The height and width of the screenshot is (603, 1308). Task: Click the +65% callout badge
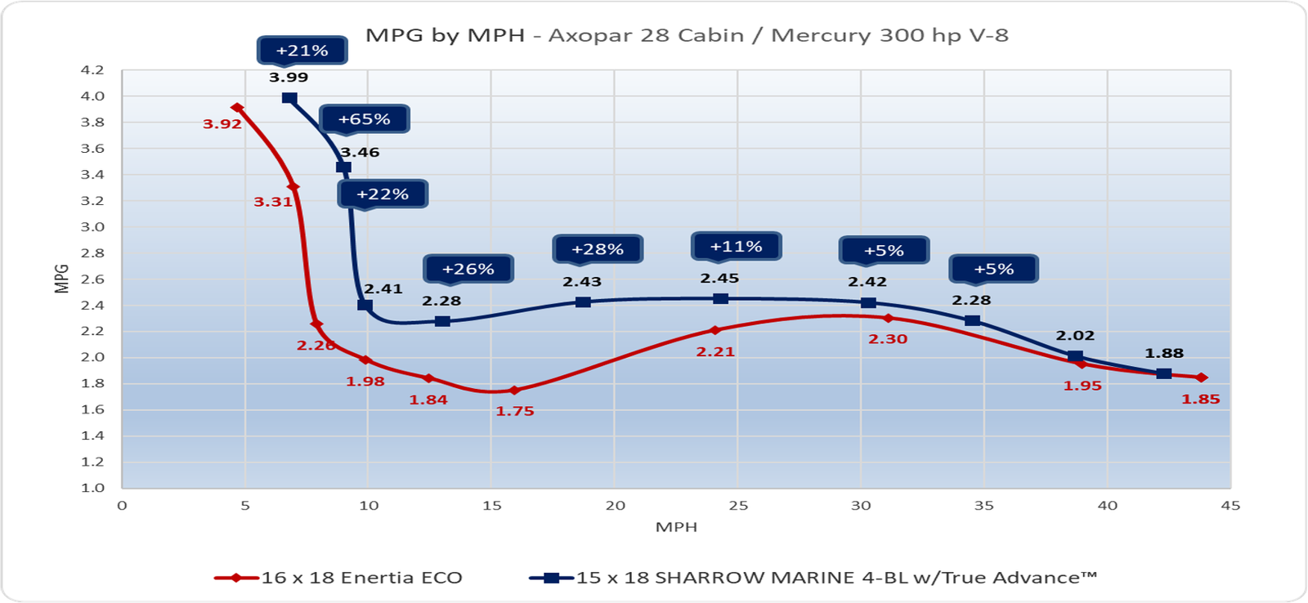pyautogui.click(x=364, y=119)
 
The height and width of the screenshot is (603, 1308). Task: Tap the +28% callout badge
pyautogui.click(x=598, y=249)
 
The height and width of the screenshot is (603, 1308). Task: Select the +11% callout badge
pyautogui.click(x=736, y=246)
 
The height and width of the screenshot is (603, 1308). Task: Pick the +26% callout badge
pyautogui.click(x=468, y=269)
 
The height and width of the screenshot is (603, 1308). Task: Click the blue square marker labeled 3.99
pyautogui.click(x=289, y=98)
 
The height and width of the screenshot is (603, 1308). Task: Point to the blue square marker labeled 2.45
pyautogui.click(x=720, y=299)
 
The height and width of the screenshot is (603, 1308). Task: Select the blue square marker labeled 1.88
pyautogui.click(x=1164, y=373)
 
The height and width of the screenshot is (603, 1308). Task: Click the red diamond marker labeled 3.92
pyautogui.click(x=237, y=108)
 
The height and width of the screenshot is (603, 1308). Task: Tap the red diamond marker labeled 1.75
pyautogui.click(x=514, y=391)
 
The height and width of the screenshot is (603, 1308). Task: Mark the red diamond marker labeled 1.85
pyautogui.click(x=1201, y=377)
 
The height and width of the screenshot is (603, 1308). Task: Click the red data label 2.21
pyautogui.click(x=715, y=352)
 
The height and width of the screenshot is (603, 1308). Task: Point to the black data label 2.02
pyautogui.click(x=1075, y=336)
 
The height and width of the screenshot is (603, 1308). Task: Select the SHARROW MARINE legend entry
pyautogui.click(x=813, y=578)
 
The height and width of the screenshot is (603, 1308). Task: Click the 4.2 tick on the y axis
pyautogui.click(x=93, y=70)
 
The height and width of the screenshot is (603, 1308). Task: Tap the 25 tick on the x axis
pyautogui.click(x=737, y=506)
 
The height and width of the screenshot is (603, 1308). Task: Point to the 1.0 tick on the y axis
pyautogui.click(x=93, y=488)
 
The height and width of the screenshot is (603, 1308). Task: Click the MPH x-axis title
pyautogui.click(x=676, y=527)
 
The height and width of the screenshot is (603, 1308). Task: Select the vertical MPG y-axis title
pyautogui.click(x=62, y=279)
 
